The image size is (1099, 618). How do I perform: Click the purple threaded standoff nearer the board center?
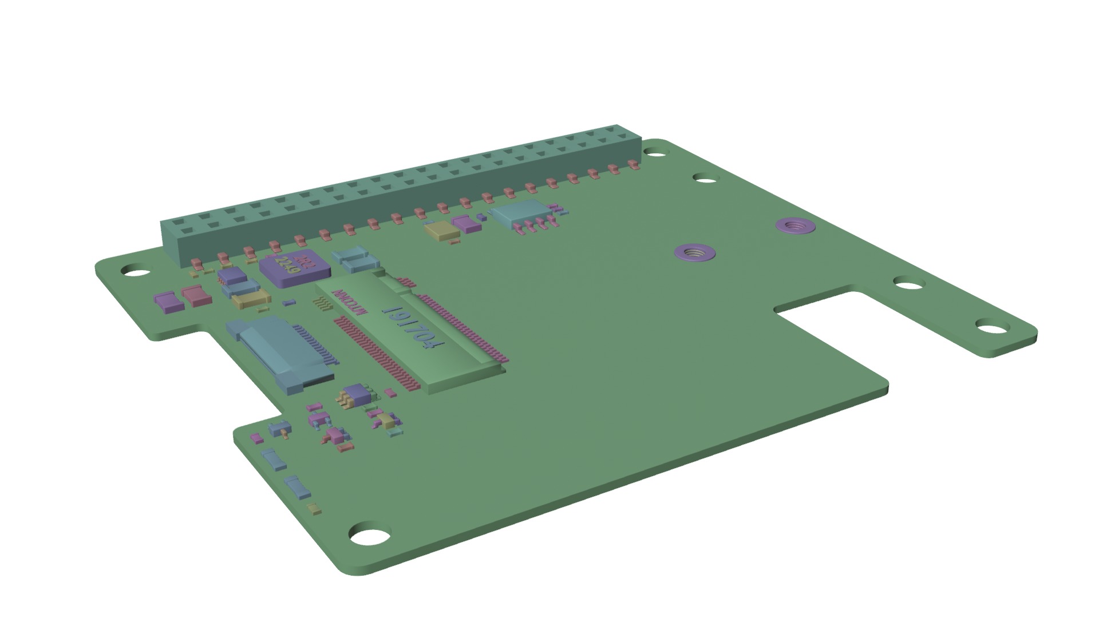click(x=695, y=252)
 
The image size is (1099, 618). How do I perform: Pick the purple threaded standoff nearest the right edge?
click(x=795, y=225)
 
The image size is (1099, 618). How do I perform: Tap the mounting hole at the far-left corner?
click(x=133, y=270)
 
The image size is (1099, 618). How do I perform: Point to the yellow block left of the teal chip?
click(x=442, y=231)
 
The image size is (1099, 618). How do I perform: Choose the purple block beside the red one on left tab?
click(x=169, y=302)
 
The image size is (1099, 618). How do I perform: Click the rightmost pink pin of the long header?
click(x=633, y=165)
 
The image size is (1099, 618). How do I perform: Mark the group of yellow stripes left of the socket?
click(x=322, y=304)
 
